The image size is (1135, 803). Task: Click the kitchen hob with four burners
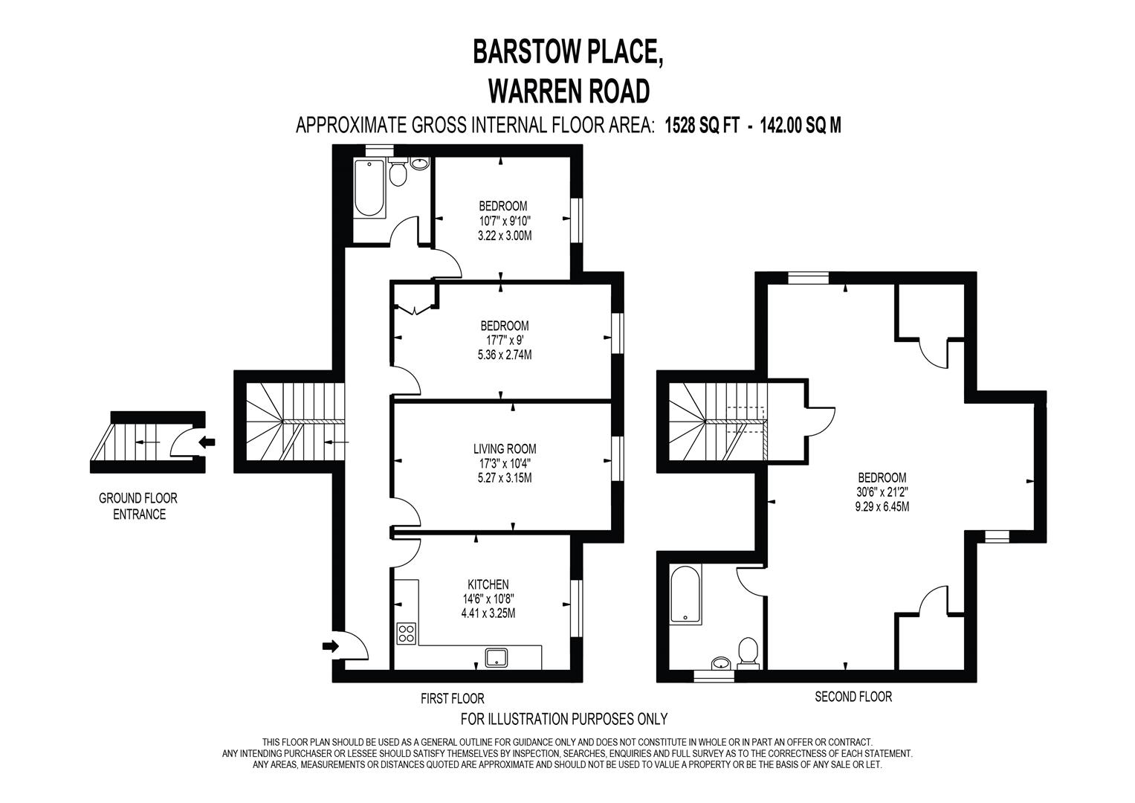coord(407,633)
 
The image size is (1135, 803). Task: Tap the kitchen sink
coord(496,657)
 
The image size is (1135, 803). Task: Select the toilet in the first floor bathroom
coord(398,173)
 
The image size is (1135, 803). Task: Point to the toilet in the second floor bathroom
coord(747,654)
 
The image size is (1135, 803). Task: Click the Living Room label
coord(505,448)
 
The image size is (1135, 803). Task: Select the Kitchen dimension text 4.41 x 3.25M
coord(488,613)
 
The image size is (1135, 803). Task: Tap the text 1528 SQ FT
coord(702,125)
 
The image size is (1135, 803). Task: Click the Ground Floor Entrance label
coord(138,506)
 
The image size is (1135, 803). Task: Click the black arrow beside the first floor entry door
coord(329,645)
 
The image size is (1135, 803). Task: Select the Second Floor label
coord(853,697)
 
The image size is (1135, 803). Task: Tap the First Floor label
coord(452,698)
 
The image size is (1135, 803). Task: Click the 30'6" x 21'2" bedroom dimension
coord(882,492)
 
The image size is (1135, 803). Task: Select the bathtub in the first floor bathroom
coord(369,190)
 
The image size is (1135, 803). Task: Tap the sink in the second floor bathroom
coord(720,662)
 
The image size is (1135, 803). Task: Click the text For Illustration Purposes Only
coord(564,718)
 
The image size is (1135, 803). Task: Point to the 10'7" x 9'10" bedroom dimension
coord(505,221)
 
